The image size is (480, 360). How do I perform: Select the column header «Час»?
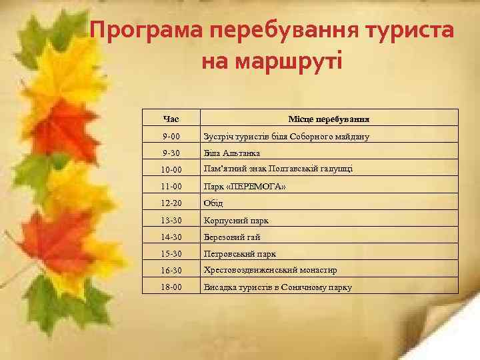[x=171, y=119]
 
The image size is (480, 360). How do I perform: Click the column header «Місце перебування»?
[x=329, y=119]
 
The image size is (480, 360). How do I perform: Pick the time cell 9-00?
[x=171, y=137]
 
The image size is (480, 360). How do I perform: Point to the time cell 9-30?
[x=171, y=153]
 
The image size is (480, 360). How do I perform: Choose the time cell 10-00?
[x=171, y=170]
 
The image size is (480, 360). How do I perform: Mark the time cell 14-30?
[x=171, y=237]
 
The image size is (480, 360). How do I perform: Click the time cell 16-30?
[x=171, y=271]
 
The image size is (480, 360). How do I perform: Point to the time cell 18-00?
[x=171, y=287]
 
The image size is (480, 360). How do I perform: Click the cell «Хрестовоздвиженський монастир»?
[x=269, y=270]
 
